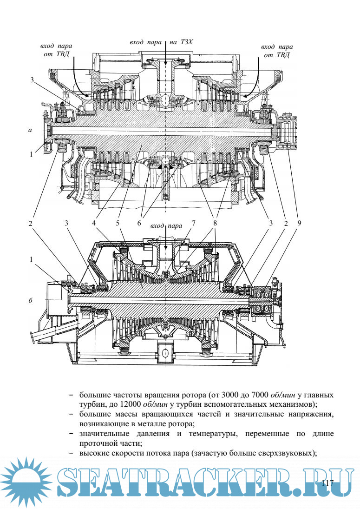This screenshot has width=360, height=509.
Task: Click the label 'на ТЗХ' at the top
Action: coord(181,42)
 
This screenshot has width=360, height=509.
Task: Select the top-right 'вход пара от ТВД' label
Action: coord(277,51)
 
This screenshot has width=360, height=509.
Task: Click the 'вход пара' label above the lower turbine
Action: coord(166,226)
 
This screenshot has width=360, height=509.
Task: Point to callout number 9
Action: coord(299,223)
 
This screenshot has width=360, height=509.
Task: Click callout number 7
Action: coord(193,223)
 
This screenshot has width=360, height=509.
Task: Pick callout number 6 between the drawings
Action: coord(139,223)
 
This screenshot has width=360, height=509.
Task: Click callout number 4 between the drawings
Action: coord(94,223)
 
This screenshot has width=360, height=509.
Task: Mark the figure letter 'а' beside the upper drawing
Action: coord(30,131)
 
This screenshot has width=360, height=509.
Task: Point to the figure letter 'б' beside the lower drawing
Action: coord(30,301)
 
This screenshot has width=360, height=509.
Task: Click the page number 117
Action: coord(327,483)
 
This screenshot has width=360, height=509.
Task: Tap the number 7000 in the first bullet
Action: coord(259,395)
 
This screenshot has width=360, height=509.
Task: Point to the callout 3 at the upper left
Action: coord(32,80)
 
